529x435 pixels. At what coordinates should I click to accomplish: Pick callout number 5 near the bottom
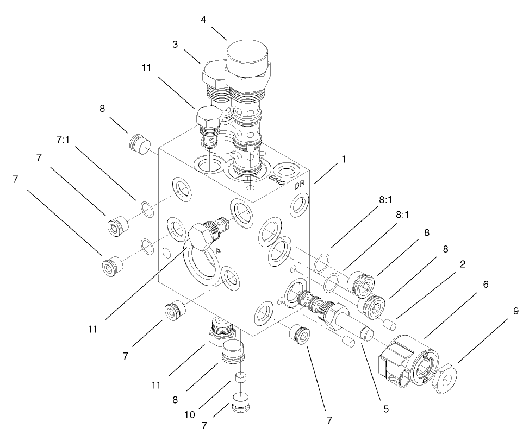click(385, 408)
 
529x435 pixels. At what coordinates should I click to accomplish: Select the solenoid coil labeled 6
click(405, 361)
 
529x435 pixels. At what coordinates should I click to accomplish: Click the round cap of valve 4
click(248, 55)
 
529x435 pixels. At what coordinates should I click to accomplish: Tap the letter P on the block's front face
click(217, 251)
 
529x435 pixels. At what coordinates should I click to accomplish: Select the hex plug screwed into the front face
click(199, 236)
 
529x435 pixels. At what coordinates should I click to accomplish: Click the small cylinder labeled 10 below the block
click(241, 378)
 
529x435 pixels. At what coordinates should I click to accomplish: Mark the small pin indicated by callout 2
click(389, 324)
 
